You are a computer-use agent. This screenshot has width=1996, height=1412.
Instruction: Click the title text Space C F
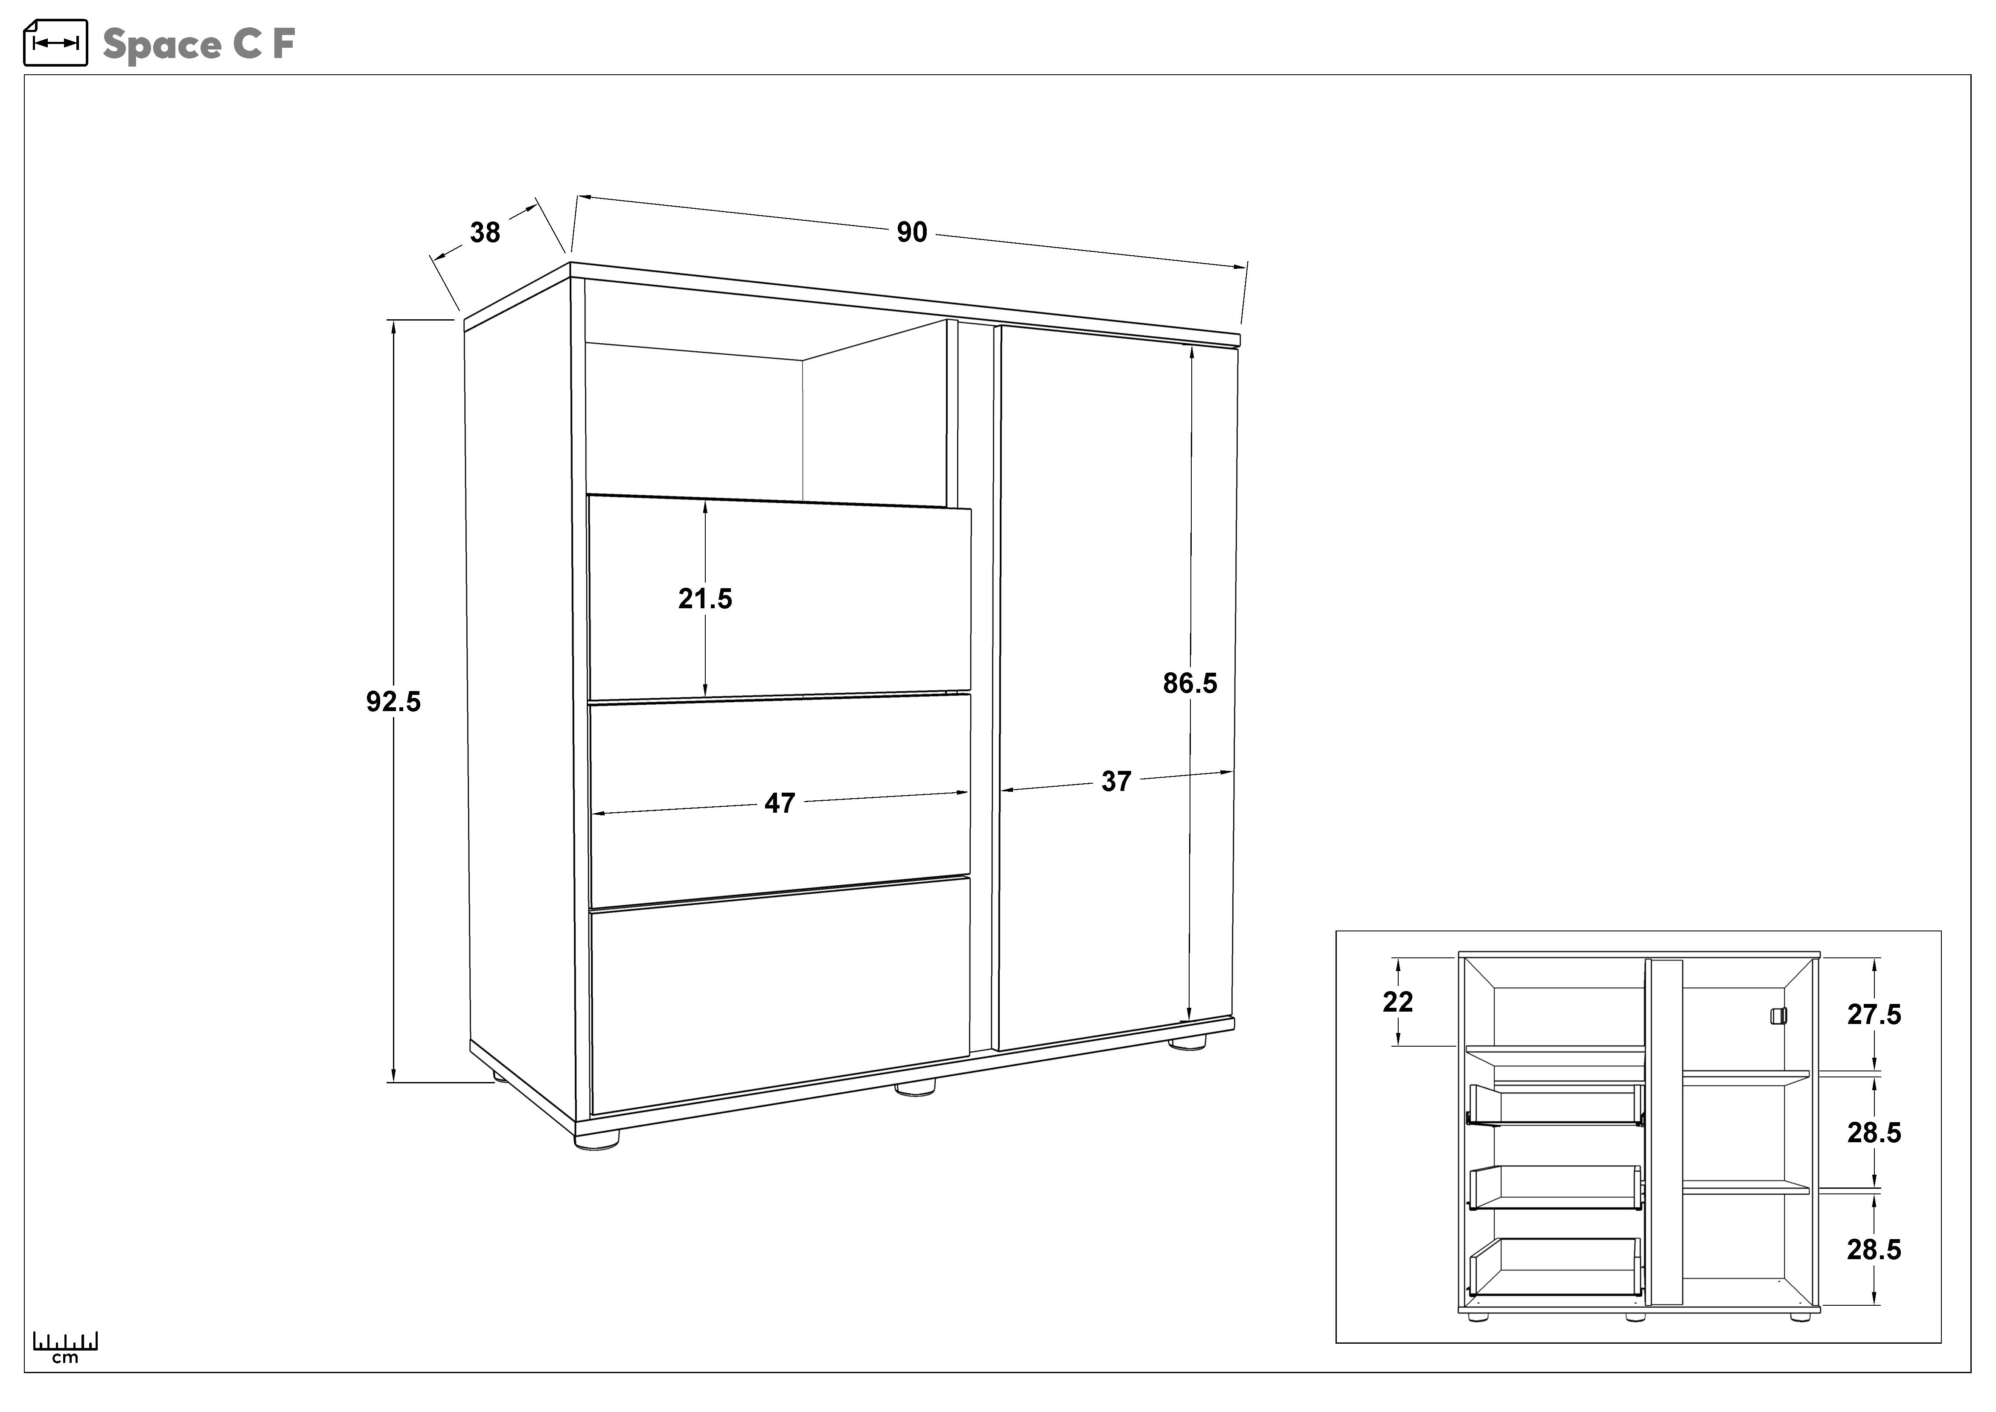[199, 44]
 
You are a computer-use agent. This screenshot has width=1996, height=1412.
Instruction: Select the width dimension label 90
[912, 232]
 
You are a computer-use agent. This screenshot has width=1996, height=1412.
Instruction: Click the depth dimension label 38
[485, 232]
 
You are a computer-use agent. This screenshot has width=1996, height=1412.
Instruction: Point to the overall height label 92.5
[393, 701]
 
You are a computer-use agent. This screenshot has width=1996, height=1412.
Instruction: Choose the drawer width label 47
[780, 802]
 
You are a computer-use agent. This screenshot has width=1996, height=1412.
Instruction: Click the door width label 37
[1116, 782]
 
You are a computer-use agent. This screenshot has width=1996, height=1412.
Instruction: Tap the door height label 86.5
[1190, 683]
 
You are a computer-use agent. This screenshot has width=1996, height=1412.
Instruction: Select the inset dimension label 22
[1398, 1002]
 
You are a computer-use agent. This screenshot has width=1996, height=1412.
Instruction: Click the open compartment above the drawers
[765, 417]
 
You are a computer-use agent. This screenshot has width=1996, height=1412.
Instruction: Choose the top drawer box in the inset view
[1554, 1106]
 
